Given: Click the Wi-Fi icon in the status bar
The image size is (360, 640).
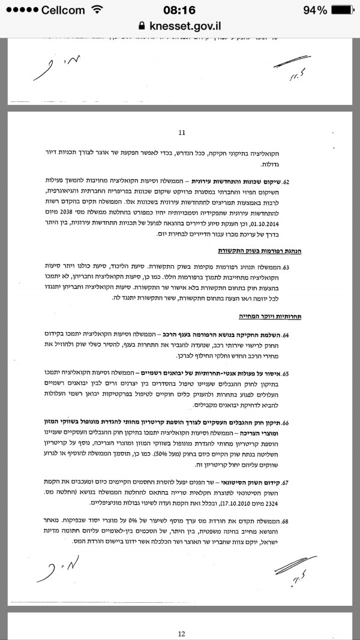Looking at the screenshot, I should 97,10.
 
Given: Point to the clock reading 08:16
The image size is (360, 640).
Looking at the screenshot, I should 180,10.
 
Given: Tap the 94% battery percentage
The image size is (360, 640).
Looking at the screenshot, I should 315,10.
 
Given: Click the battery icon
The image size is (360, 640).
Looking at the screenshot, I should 344,10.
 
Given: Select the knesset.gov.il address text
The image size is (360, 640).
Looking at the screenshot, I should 185,26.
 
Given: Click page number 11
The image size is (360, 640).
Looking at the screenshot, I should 182,133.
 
